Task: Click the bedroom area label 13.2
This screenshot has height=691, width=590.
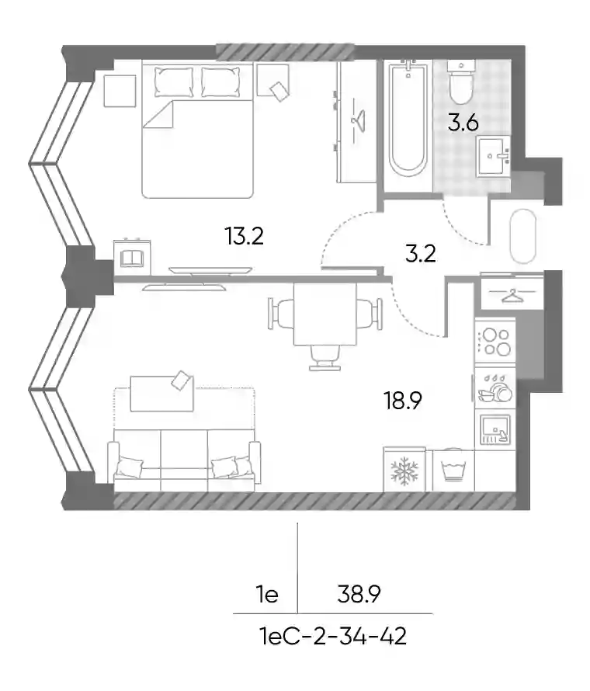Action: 244,235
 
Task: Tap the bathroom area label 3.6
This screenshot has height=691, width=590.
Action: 463,123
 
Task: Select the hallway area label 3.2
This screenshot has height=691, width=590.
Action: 420,253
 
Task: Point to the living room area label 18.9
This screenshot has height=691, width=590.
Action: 403,401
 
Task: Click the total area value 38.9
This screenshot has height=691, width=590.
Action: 359,594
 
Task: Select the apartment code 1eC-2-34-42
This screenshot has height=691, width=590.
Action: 334,637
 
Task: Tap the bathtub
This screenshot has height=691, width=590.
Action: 408,118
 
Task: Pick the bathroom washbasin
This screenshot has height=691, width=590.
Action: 493,156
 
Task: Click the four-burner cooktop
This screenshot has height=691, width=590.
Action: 495,342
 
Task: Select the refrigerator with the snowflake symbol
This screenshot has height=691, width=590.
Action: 404,469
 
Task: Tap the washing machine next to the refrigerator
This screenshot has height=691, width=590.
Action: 453,471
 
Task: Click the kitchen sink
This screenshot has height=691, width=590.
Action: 495,429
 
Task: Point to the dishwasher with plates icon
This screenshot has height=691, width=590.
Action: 495,387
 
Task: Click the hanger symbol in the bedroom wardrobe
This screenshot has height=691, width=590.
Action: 356,120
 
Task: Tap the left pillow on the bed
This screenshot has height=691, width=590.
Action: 174,82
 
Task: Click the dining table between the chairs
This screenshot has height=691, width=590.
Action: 324,314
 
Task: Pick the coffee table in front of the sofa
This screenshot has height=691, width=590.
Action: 161,394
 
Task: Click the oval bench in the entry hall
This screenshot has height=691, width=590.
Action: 523,236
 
